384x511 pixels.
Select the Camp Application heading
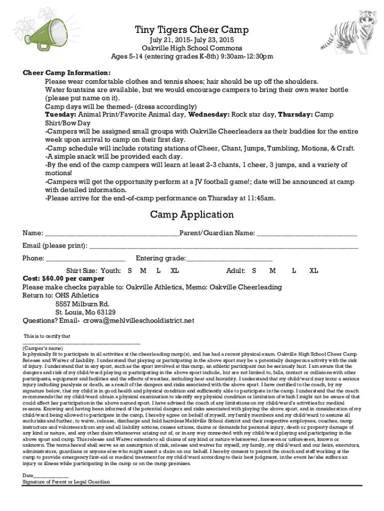192,215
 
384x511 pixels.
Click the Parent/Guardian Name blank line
307,234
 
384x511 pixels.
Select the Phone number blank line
85,258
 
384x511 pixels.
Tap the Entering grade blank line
229,258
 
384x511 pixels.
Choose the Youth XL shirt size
175,270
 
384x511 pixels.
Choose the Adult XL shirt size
313,270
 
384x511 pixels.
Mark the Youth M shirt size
143,270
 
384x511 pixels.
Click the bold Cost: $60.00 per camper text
64,278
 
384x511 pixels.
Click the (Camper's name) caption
43,348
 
